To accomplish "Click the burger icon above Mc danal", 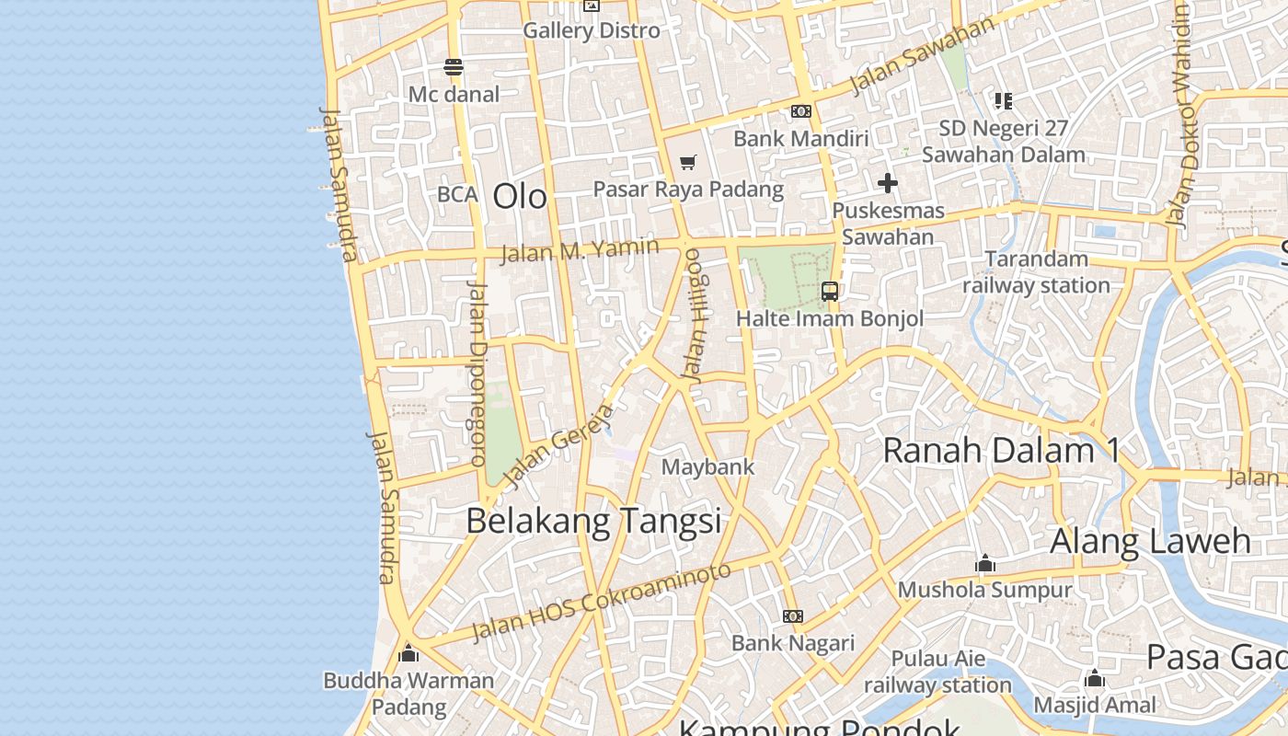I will (x=453, y=67).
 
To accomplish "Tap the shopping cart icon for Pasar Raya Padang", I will (x=687, y=163).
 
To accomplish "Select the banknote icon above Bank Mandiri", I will (x=801, y=111).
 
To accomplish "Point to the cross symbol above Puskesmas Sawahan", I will (x=888, y=183).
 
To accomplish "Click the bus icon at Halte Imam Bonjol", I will (x=830, y=292).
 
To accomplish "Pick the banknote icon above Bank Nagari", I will (x=793, y=615).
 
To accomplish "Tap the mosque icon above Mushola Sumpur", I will (x=985, y=563).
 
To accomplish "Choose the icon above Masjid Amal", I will (x=1095, y=679).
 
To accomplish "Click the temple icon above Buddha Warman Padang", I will (x=408, y=654).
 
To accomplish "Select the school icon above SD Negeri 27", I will (x=1004, y=100).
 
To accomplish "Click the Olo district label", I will (x=520, y=196).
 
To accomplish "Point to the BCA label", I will (x=457, y=194).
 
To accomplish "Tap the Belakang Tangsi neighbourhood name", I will (x=593, y=521).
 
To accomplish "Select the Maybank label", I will (x=708, y=466).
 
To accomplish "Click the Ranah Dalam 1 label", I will (x=1001, y=450).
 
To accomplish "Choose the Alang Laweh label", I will (x=1150, y=540).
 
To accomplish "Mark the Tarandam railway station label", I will (x=1037, y=272).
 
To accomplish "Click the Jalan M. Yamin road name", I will (x=580, y=249).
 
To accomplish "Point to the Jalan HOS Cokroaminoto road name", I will (x=602, y=602).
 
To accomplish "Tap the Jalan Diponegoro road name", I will (x=477, y=373).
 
